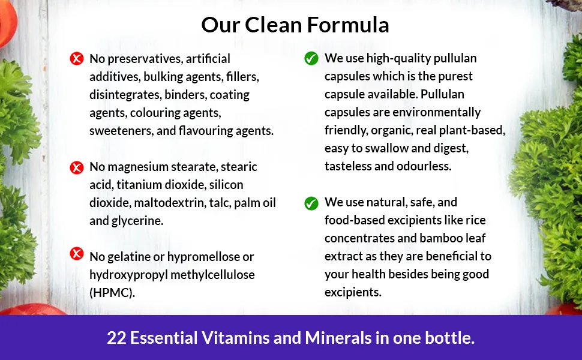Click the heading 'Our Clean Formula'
pos(295,25)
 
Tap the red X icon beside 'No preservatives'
pos(77,59)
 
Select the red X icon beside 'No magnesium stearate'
pos(77,167)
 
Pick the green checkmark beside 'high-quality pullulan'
pos(311,58)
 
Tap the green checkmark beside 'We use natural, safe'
pos(311,203)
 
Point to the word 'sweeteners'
pos(118,131)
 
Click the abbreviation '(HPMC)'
pos(112,293)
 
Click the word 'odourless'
pos(427,166)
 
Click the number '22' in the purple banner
pos(116,338)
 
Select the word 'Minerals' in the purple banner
pos(337,338)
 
